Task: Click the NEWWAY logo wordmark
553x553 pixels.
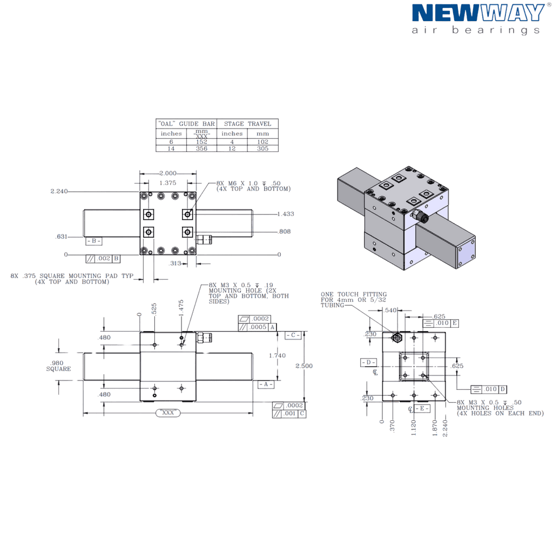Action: (478, 13)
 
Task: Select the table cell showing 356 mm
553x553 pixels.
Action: (202, 149)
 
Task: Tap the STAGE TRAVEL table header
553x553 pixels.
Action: (247, 124)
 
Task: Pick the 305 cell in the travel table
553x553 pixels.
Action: (263, 149)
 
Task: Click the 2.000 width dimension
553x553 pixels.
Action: (168, 173)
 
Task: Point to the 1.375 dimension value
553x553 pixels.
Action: (168, 183)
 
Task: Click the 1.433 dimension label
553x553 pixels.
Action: (286, 214)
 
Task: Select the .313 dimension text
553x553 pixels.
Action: (175, 263)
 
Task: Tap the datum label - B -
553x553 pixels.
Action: (94, 241)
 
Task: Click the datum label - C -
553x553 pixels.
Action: (293, 335)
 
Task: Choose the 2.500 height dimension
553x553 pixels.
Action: (304, 366)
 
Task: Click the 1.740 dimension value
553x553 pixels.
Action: (277, 355)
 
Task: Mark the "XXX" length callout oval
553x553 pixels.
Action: (168, 413)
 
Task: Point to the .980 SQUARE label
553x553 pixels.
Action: (58, 366)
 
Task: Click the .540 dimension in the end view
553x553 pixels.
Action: (390, 311)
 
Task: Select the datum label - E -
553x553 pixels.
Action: (422, 408)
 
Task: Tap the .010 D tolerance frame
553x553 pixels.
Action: (489, 389)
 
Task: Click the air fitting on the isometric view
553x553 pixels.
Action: (420, 215)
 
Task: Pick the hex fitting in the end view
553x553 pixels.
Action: (397, 338)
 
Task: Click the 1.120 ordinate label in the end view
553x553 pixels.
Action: (414, 428)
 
